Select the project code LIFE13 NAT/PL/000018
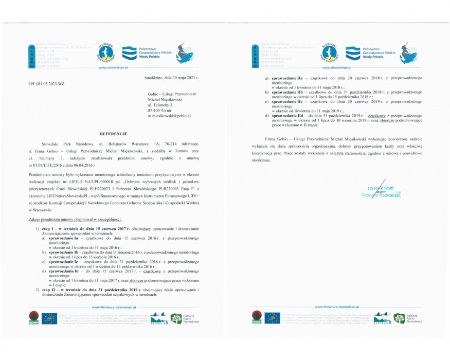pyautogui.click(x=110, y=183)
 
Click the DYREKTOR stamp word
pyautogui.click(x=380, y=189)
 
